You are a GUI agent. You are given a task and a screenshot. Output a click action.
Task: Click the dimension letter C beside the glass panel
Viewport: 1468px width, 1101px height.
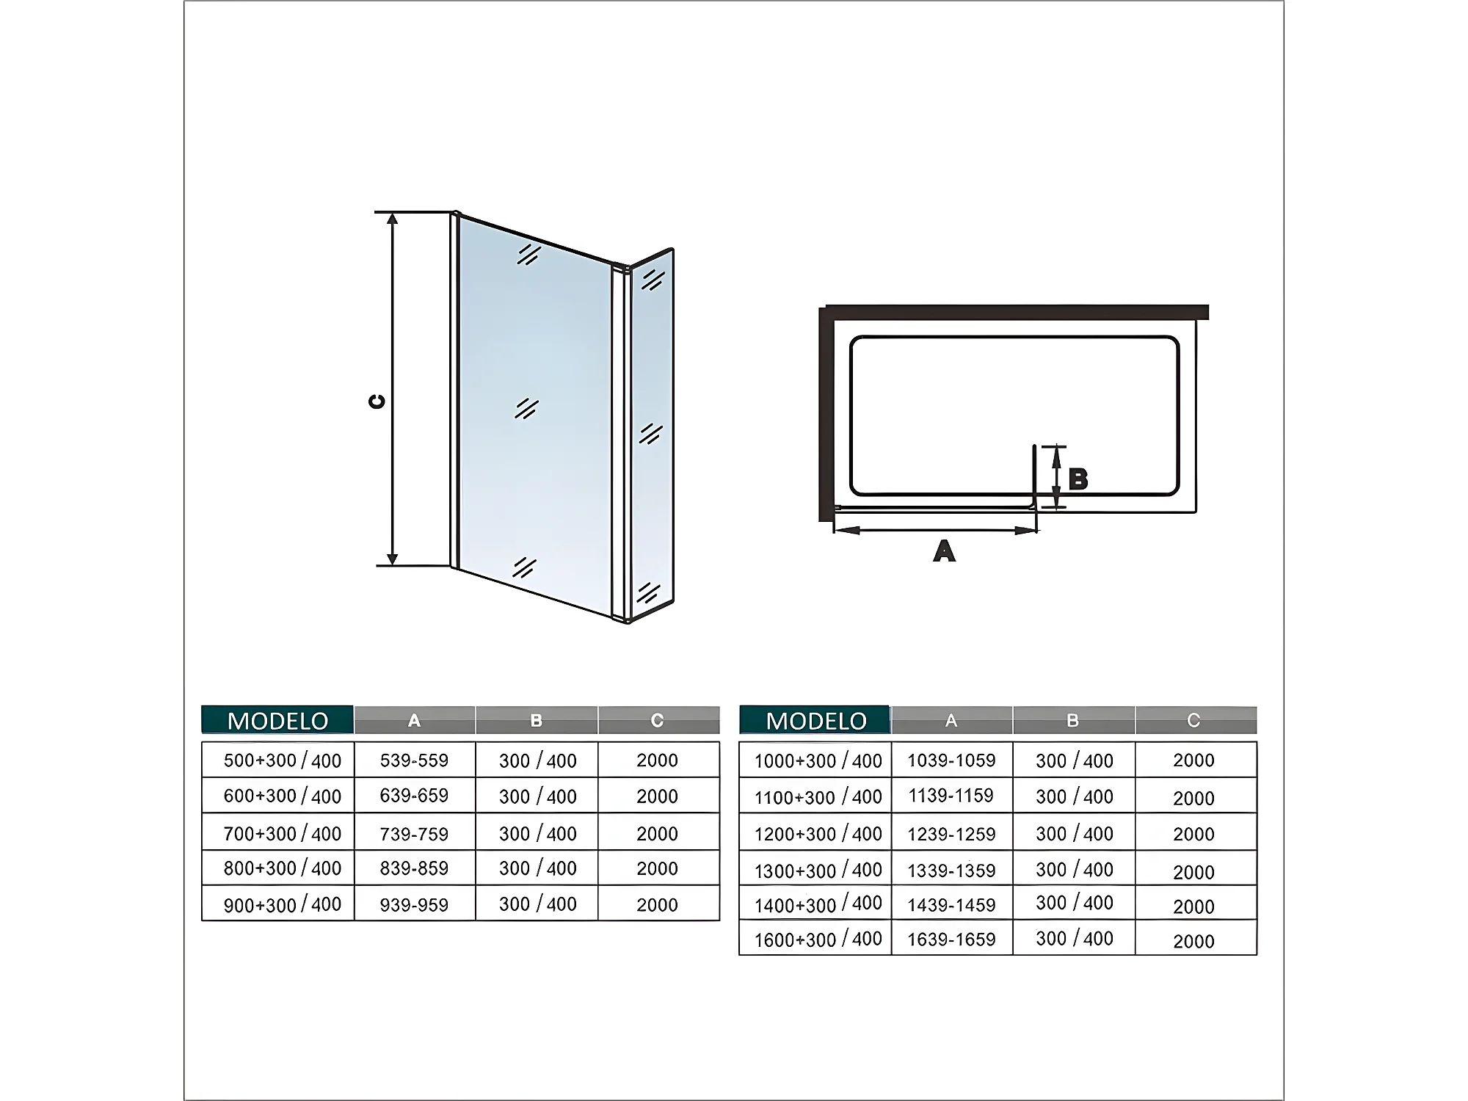coord(377,401)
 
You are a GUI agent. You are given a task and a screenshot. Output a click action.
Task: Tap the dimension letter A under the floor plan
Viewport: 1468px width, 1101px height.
coord(944,550)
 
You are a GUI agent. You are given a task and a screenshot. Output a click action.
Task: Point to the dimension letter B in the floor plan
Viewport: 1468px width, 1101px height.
coord(1078,479)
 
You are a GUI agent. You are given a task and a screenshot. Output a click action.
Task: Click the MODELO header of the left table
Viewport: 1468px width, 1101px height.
coord(277,721)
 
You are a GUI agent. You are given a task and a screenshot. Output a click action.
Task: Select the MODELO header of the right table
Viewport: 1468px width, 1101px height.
coord(815,721)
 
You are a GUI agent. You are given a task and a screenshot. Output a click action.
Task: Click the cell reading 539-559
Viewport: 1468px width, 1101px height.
coord(414,760)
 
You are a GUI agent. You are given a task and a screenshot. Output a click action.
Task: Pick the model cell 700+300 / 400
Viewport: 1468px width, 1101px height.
coord(282,834)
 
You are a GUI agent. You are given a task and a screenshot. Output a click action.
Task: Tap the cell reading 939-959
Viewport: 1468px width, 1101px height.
coord(414,905)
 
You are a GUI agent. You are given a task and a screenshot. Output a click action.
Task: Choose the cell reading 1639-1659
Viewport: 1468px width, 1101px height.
coord(951,940)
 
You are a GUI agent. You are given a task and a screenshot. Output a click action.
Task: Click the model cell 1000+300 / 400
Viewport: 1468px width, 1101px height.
coord(818,761)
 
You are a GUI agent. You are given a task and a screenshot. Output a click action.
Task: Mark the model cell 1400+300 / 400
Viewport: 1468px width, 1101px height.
coord(818,904)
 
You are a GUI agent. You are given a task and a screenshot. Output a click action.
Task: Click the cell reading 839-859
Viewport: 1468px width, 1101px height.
coord(414,868)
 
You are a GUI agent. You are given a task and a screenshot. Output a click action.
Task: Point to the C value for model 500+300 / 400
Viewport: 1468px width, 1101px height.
coord(657,760)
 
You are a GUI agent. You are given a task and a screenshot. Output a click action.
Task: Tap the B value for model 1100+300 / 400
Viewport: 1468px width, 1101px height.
coord(1074,797)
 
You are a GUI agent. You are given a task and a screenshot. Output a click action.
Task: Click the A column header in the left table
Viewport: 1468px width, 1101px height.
coord(414,721)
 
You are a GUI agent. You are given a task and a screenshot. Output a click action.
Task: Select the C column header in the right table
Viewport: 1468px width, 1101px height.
coord(1193,721)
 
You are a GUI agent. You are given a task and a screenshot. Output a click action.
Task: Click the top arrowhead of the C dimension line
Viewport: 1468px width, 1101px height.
coord(393,219)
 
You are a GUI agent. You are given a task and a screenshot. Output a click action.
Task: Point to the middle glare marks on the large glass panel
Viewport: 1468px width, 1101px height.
coord(527,409)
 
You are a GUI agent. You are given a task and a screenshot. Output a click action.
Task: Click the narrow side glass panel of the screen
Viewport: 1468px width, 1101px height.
coord(652,433)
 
